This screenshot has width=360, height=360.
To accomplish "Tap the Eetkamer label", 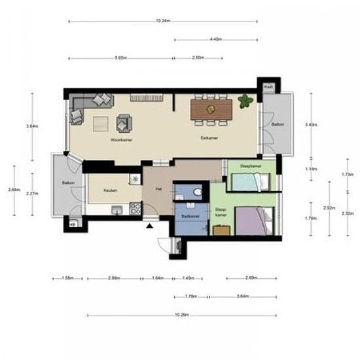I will [x=209, y=139].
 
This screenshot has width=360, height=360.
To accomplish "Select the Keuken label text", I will [x=110, y=190].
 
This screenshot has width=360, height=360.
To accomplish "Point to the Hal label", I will [x=158, y=189].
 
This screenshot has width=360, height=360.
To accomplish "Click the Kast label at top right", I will [x=268, y=86].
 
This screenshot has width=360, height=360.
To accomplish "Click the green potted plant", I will [x=245, y=101].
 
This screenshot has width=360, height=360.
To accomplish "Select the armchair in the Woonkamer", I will [x=124, y=122].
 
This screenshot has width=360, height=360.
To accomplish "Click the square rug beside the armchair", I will [x=101, y=123].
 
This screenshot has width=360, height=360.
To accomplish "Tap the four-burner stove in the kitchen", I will [x=135, y=208].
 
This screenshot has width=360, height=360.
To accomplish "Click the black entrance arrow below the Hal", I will [x=151, y=226].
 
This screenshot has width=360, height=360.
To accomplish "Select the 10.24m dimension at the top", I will [x=164, y=21].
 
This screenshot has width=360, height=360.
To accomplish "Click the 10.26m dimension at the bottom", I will [x=182, y=315].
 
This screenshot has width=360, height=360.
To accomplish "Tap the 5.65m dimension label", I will [x=120, y=58].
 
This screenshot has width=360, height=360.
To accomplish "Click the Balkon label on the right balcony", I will [x=278, y=124].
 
